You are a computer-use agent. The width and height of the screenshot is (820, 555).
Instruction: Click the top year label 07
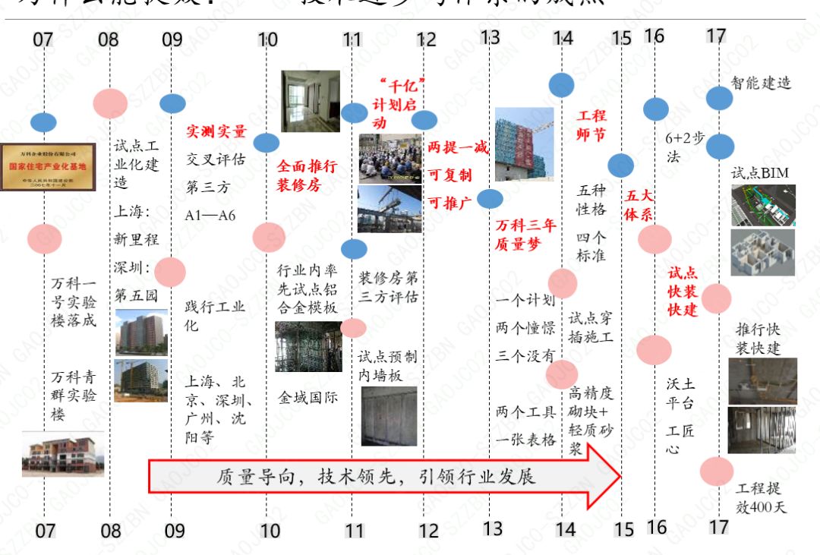click(43, 39)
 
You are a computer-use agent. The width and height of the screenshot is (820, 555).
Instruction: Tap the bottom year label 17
click(718, 526)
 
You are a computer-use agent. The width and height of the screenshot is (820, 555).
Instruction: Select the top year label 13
click(490, 37)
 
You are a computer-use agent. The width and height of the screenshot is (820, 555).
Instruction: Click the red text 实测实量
click(216, 131)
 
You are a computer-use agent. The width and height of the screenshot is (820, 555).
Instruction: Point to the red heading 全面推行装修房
click(306, 175)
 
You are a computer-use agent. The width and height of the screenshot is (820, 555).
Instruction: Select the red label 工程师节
click(592, 125)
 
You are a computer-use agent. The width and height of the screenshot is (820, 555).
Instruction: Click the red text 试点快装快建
click(683, 292)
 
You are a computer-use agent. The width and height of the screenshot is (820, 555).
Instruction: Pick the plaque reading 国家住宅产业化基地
click(48, 166)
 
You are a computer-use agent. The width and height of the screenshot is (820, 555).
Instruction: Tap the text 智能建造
click(761, 83)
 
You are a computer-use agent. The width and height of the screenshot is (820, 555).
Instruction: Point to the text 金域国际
click(307, 397)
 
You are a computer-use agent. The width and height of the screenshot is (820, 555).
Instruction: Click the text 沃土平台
click(680, 393)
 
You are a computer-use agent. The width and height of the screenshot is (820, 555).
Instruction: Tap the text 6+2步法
click(684, 147)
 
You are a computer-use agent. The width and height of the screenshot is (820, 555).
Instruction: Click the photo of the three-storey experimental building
click(62, 453)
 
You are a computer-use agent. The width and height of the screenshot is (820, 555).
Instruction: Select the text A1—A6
click(210, 215)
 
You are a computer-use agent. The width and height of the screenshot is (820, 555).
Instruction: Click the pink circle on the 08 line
click(110, 102)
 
